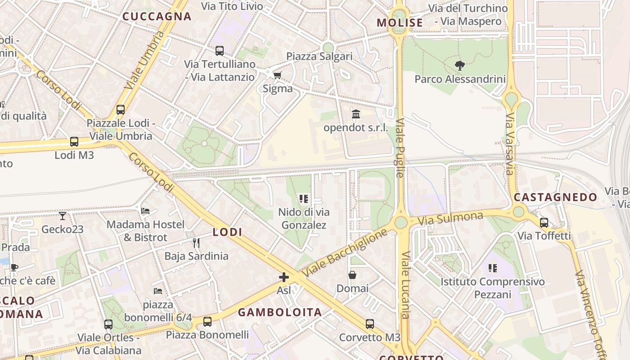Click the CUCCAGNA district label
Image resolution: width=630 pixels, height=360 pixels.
pyautogui.click(x=157, y=17)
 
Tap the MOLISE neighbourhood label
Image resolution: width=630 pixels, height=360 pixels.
pyautogui.click(x=400, y=23)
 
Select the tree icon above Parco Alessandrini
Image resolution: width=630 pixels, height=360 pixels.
pyautogui.click(x=459, y=66)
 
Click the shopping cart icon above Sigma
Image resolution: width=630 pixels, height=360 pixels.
pyautogui.click(x=278, y=75)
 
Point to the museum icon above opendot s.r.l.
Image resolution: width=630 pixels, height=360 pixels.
pyautogui.click(x=356, y=114)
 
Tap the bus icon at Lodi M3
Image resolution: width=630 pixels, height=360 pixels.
pyautogui.click(x=74, y=142)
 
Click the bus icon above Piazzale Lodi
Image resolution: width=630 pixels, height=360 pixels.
pyautogui.click(x=120, y=109)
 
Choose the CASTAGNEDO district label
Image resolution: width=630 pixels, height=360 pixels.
pyautogui.click(x=555, y=197)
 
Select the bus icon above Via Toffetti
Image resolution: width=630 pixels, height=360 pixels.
pyautogui.click(x=544, y=222)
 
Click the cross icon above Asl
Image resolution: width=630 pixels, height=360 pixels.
pyautogui.click(x=283, y=277)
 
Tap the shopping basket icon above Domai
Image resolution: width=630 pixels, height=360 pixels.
pyautogui.click(x=352, y=274)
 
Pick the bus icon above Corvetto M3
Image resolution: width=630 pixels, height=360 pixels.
pyautogui.click(x=369, y=324)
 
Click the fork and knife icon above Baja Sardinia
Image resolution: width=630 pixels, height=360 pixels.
pyautogui.click(x=196, y=243)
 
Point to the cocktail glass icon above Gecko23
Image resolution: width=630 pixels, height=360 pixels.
pyautogui.click(x=63, y=216)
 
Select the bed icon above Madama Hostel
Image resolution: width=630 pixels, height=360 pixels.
pyautogui.click(x=145, y=211)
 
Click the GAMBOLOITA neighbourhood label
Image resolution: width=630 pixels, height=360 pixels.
pyautogui.click(x=280, y=312)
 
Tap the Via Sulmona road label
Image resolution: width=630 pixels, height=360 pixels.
pyautogui.click(x=450, y=219)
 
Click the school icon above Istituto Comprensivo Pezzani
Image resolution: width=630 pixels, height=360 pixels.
pyautogui.click(x=492, y=268)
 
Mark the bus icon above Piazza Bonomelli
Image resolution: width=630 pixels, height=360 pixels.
pyautogui.click(x=207, y=322)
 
